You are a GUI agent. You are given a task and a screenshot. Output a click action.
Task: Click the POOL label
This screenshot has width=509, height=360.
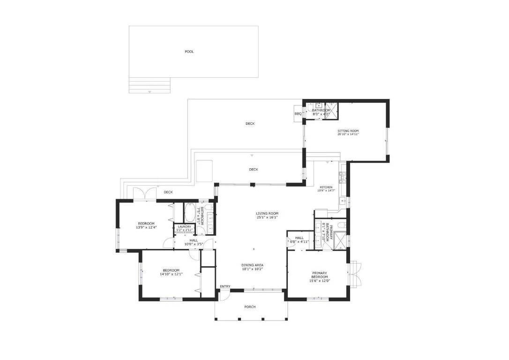[x=189, y=52]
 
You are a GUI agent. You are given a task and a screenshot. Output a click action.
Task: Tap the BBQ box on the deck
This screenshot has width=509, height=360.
[x=298, y=114]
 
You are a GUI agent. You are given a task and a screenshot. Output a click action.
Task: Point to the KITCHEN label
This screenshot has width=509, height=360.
[x=326, y=187]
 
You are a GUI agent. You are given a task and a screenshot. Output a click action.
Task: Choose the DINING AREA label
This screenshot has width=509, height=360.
[x=252, y=265]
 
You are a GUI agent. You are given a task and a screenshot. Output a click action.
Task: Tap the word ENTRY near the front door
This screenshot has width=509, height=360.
[x=225, y=286]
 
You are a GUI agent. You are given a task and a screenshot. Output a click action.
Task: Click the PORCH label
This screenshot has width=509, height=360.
[x=250, y=307]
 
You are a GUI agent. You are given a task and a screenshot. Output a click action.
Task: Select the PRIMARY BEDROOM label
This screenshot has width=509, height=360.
[x=319, y=275]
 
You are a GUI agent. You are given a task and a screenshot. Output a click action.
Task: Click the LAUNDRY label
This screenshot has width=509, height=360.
[x=184, y=227]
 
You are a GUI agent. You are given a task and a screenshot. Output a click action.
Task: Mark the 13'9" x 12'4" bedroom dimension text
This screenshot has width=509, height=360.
[x=146, y=227]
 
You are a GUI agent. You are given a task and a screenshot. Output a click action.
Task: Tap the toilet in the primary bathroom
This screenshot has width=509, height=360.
[x=341, y=225]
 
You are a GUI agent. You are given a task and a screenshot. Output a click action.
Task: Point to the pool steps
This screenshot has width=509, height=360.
[x=150, y=86]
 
